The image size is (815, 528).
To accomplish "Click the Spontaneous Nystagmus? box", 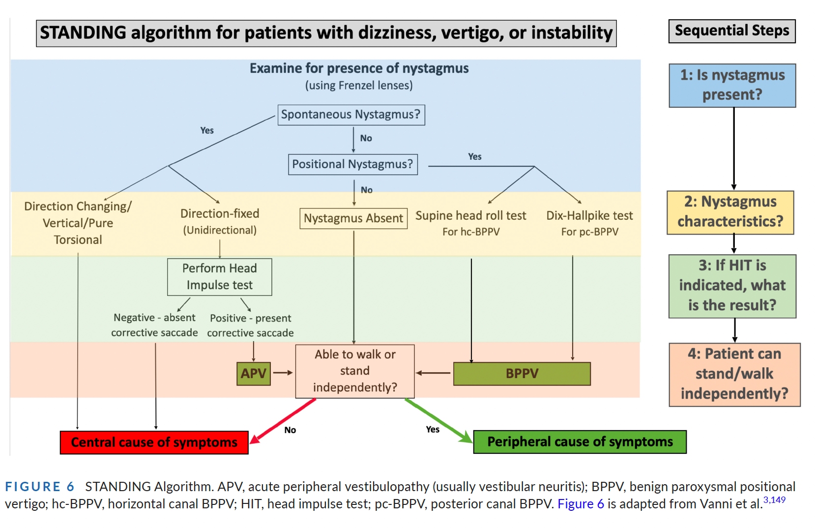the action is (x=351, y=115).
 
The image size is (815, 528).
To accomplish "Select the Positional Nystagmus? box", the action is (x=353, y=165).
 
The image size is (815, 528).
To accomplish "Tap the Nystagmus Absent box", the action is (x=353, y=218).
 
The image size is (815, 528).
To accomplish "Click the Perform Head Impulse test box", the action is (x=219, y=277).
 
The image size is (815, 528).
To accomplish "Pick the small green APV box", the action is (x=254, y=373).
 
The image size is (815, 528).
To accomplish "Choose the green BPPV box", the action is (x=522, y=373).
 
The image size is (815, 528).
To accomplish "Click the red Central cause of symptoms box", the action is (x=154, y=442).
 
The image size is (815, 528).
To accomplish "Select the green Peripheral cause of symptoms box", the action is (x=580, y=442).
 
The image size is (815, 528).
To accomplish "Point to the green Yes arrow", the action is (x=439, y=420).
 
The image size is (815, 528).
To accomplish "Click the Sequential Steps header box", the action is (x=732, y=31).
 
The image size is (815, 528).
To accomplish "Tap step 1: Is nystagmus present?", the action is (x=732, y=86).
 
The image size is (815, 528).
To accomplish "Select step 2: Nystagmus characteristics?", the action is (x=730, y=212).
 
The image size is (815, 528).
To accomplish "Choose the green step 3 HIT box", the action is (x=732, y=287).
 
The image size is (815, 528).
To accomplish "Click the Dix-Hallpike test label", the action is (x=589, y=216).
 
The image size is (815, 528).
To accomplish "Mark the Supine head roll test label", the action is (x=471, y=216).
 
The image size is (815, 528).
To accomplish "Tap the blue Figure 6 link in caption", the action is (x=581, y=504).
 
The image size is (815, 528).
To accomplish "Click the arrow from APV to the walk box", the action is (x=283, y=373).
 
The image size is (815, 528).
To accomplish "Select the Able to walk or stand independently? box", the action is (x=355, y=371).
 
